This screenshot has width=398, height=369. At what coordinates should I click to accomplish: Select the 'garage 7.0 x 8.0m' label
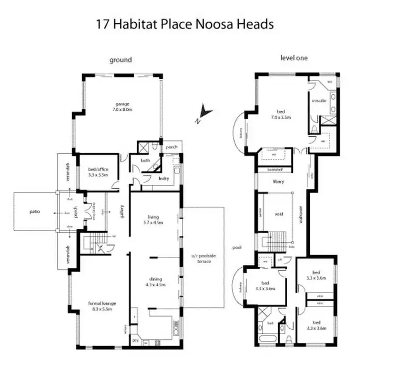tap(122, 107)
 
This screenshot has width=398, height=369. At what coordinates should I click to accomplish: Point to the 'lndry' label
tap(164, 179)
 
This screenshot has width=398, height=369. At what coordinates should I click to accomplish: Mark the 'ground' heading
tap(120, 60)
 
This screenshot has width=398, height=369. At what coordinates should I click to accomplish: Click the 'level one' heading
tap(293, 57)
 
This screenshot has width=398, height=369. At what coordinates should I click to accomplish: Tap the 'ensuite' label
tap(318, 101)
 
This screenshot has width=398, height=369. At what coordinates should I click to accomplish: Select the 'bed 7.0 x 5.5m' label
tap(281, 115)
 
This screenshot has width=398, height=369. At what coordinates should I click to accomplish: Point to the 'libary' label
tap(279, 181)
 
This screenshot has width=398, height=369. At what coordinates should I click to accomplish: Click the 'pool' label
tap(237, 248)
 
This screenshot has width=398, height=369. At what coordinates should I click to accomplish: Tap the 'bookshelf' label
tap(274, 170)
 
